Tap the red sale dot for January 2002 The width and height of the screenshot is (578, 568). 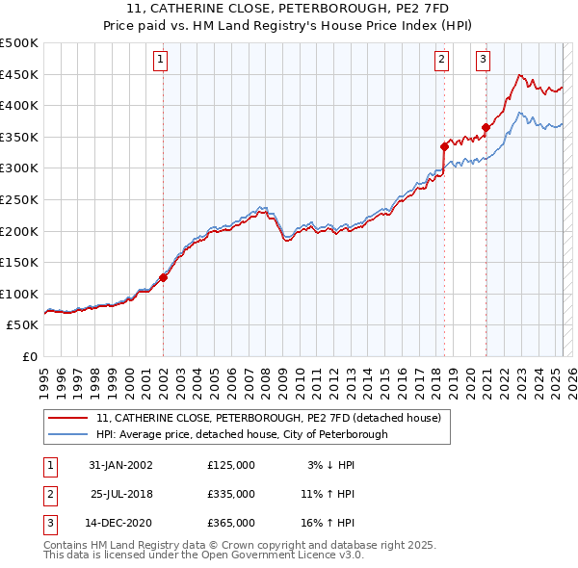point(164,277)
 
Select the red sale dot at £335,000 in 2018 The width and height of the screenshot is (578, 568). point(444,146)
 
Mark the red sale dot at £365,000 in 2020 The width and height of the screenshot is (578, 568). point(486,127)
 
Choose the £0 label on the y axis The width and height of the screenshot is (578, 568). point(29,356)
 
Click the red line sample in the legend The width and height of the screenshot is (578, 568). point(68,419)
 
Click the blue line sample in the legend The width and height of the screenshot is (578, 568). point(68,434)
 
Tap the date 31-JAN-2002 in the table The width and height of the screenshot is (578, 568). point(120,465)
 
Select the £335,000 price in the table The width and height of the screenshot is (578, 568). point(231,494)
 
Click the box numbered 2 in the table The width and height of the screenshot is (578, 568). point(48,494)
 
